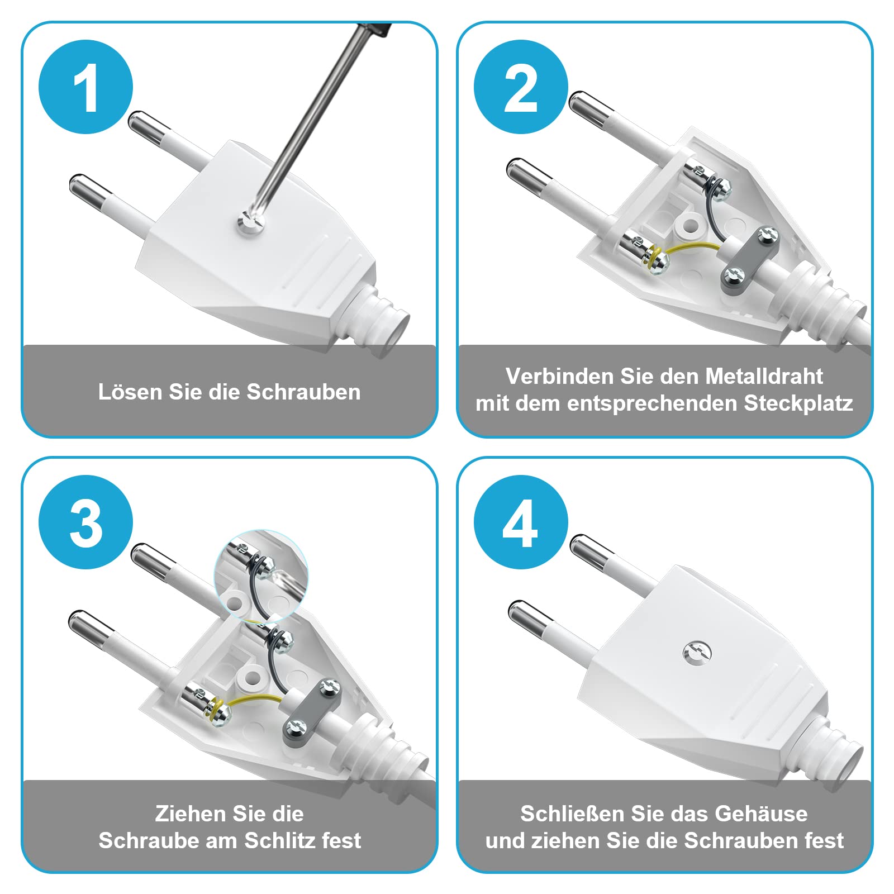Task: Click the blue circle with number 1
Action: pyautogui.click(x=85, y=87)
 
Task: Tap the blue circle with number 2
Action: pyautogui.click(x=520, y=87)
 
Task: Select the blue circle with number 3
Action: pyautogui.click(x=85, y=522)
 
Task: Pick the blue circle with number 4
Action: pyautogui.click(x=520, y=522)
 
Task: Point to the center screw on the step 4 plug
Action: pyautogui.click(x=697, y=652)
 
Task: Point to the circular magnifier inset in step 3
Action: pyautogui.click(x=261, y=576)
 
